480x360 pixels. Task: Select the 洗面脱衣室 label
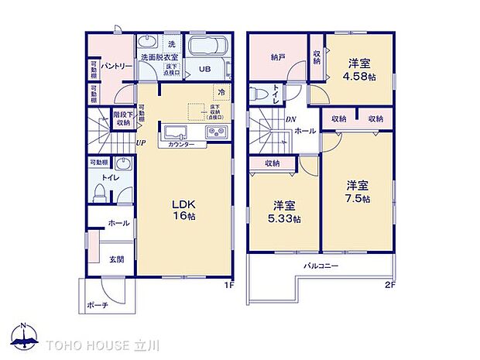(159, 57)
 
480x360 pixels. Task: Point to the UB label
(205, 69)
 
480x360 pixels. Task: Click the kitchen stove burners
(214, 132)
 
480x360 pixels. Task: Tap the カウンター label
(181, 145)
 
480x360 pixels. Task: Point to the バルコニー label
(321, 266)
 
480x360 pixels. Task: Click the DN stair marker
(289, 118)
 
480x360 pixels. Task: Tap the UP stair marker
(141, 142)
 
